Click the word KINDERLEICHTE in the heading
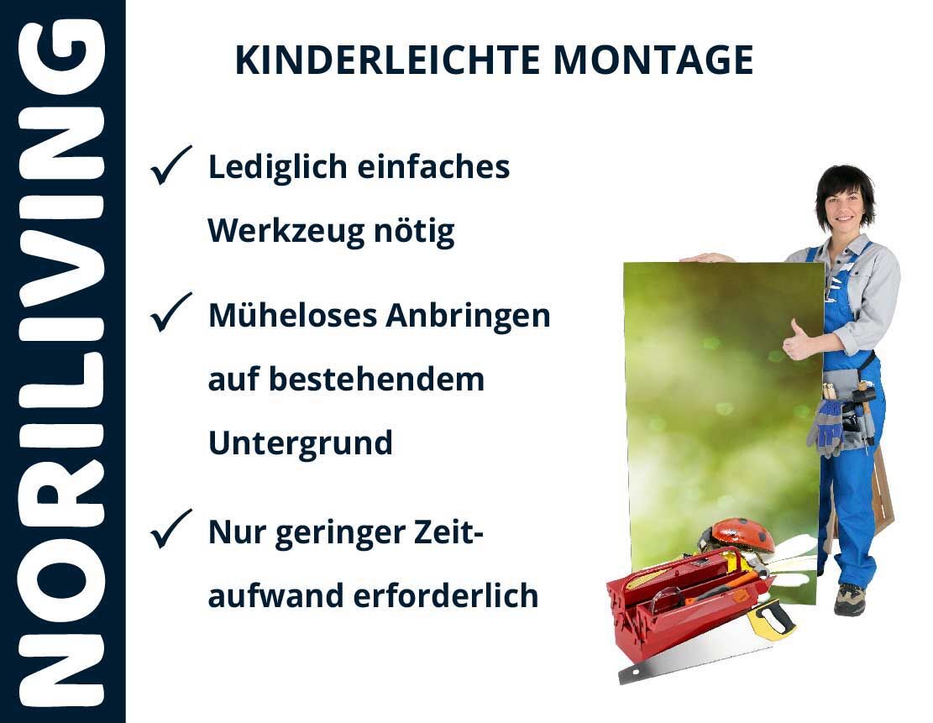(x=387, y=60)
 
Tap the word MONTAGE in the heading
(x=653, y=60)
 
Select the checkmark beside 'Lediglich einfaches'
(x=170, y=165)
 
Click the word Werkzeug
(x=285, y=231)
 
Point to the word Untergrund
(x=301, y=443)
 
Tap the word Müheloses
(x=293, y=315)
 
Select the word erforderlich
(x=446, y=595)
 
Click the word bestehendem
(x=377, y=379)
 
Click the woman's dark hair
(x=845, y=187)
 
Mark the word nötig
(x=414, y=231)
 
